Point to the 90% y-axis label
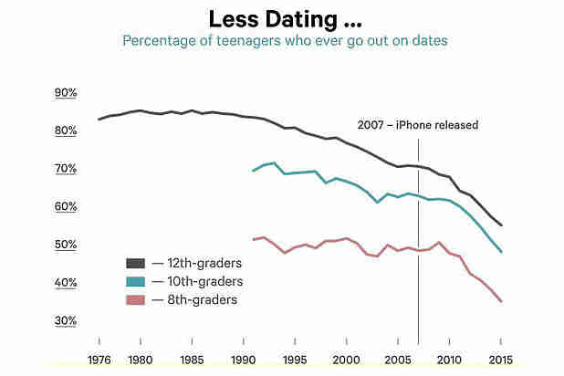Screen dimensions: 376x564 pyautogui.click(x=66, y=93)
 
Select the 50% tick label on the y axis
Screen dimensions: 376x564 pyautogui.click(x=66, y=245)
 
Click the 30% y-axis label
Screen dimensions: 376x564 pyautogui.click(x=66, y=320)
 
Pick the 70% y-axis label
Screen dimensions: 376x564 pyautogui.click(x=66, y=169)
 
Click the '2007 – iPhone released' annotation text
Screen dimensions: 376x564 pyautogui.click(x=417, y=125)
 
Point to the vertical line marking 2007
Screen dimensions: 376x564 pyautogui.click(x=418, y=274)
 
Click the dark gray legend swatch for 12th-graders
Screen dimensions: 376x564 pyautogui.click(x=136, y=263)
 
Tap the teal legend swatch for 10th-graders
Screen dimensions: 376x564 pyautogui.click(x=136, y=281)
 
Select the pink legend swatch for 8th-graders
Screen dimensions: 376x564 pyautogui.click(x=136, y=298)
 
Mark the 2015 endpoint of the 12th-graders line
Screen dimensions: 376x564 pyautogui.click(x=501, y=225)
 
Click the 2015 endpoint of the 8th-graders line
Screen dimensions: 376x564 pyautogui.click(x=501, y=301)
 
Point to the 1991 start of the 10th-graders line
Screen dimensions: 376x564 pyautogui.click(x=253, y=171)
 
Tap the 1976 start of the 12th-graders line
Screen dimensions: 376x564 pyautogui.click(x=99, y=120)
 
